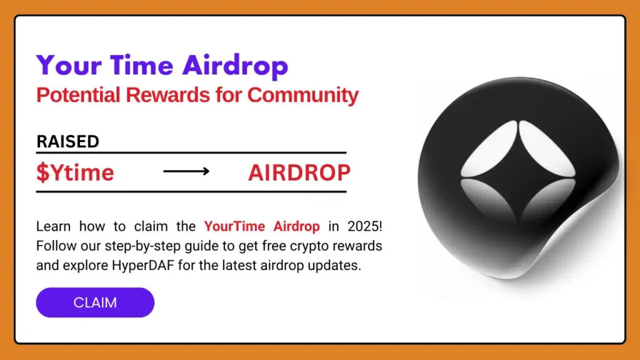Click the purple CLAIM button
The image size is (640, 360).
coord(95,303)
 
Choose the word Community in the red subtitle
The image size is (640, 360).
coord(302,96)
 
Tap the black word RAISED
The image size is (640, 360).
coord(67,142)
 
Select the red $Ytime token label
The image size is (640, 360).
coord(75,172)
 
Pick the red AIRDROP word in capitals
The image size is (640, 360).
coord(299,172)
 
